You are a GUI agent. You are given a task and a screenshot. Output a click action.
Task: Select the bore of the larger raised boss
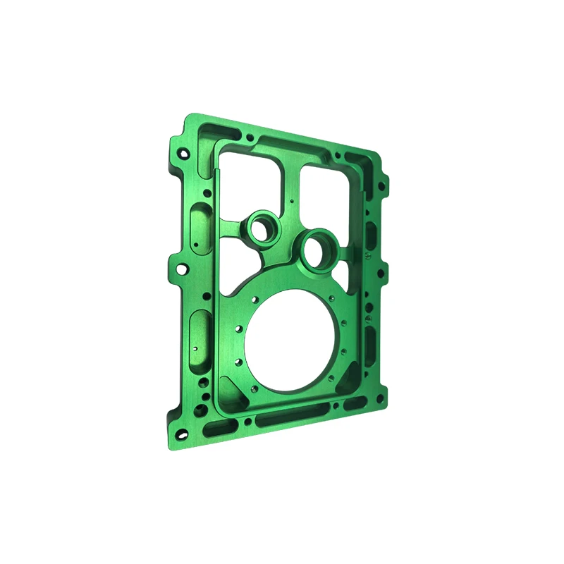[317, 252]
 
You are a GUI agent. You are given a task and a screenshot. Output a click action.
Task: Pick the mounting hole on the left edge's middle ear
[181, 269]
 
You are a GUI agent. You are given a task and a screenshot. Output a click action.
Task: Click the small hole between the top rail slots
[250, 137]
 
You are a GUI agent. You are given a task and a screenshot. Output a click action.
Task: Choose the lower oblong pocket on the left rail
[199, 337]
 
